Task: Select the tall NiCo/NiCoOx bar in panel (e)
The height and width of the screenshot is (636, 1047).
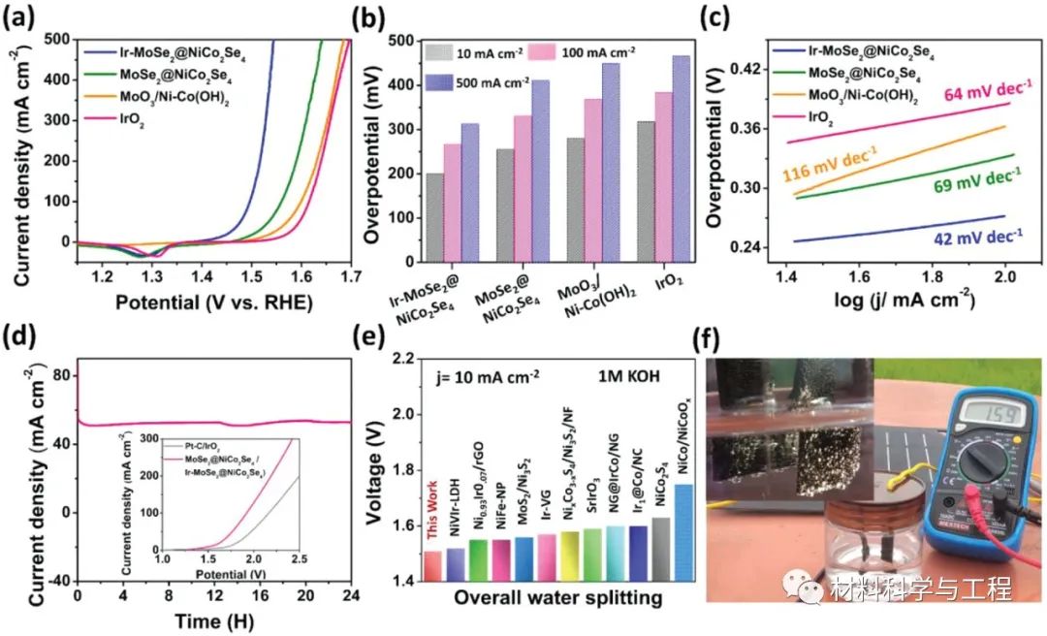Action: point(683,532)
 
